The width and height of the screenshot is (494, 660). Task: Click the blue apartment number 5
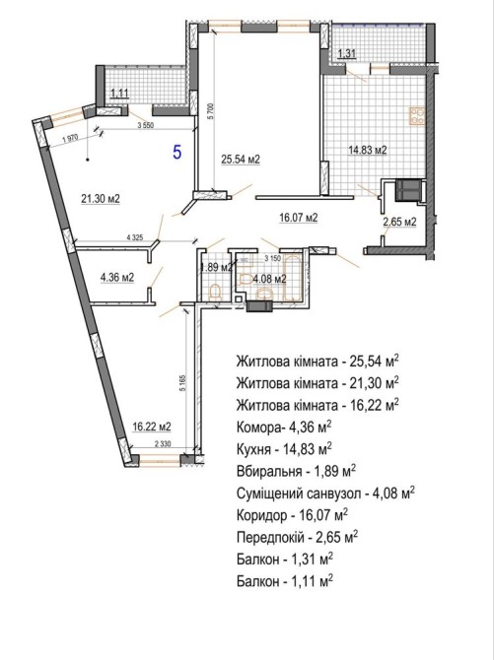177,152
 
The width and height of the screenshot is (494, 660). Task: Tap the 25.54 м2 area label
241,160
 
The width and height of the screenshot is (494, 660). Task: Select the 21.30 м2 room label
101,198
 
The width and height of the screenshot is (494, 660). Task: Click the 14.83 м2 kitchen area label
368,150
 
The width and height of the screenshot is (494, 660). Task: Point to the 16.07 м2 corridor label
299,218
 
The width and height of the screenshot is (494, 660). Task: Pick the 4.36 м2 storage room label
117,278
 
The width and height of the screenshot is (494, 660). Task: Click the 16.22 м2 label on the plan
152,427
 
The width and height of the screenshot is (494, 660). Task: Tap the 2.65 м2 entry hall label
399,222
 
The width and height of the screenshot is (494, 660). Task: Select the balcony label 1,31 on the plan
347,53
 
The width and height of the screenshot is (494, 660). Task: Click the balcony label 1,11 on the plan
118,93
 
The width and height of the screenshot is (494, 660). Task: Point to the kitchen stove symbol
417,116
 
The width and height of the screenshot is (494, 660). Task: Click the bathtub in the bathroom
293,278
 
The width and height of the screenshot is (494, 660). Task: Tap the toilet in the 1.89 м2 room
215,293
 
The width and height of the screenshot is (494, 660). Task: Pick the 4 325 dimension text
135,237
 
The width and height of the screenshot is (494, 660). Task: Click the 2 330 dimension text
163,443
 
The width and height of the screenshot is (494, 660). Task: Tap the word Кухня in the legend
253,449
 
